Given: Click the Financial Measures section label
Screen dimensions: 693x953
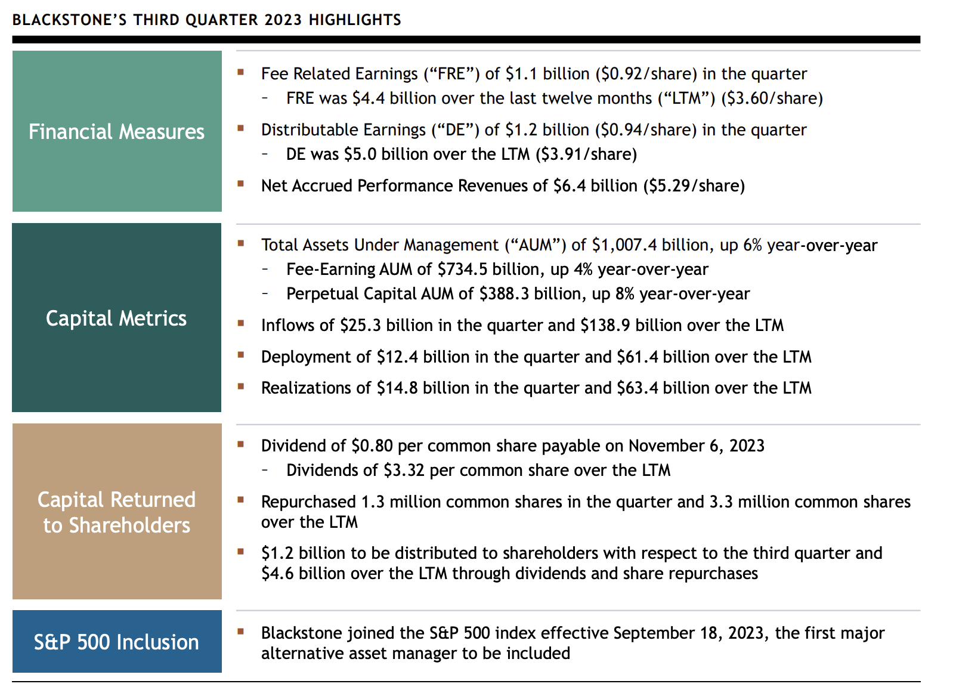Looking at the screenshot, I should [116, 132].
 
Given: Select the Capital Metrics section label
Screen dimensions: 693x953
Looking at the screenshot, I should [116, 318].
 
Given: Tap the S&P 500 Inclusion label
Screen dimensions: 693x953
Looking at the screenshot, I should [116, 642].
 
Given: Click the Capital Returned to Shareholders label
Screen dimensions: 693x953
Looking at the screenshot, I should [116, 512].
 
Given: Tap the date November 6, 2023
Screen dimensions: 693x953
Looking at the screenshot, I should [696, 446].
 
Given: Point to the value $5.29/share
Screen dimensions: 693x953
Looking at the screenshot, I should [694, 186].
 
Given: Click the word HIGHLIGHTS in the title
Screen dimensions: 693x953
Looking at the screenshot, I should [355, 20].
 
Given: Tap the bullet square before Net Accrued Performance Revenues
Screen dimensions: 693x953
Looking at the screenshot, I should [241, 184].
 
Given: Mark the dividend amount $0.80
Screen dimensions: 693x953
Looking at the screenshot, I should [372, 446].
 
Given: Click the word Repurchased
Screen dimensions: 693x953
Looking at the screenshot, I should [308, 502].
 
